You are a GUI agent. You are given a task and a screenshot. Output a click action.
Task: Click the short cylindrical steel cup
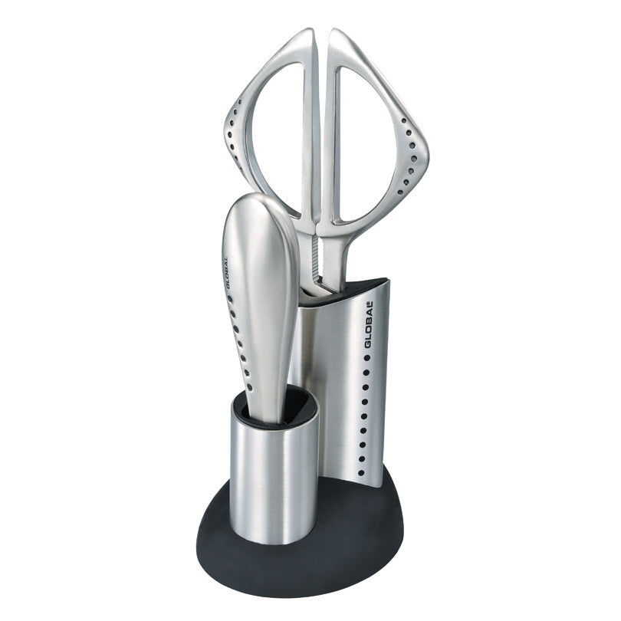[x=268, y=475]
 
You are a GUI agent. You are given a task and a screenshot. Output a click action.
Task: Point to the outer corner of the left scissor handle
[x=228, y=127]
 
